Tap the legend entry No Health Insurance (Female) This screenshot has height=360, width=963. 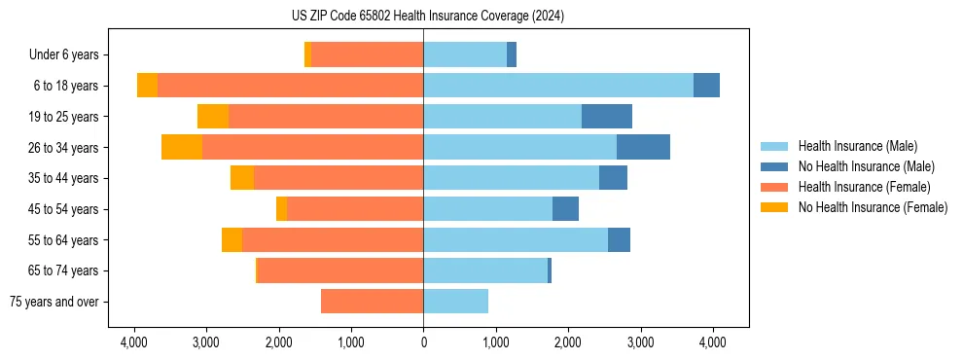click(x=871, y=207)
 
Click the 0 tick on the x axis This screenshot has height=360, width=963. click(x=423, y=342)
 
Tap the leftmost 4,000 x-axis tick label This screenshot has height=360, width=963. click(x=133, y=342)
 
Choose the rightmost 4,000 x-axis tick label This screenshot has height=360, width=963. click(x=712, y=342)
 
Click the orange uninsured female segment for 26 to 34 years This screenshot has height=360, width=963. click(x=182, y=147)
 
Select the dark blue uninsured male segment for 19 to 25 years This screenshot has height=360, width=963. click(x=607, y=117)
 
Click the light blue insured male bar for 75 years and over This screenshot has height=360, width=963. click(x=455, y=302)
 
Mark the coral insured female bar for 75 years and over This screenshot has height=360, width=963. click(x=372, y=302)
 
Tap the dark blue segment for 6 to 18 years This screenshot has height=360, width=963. click(x=706, y=86)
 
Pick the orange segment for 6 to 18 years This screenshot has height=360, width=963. click(x=147, y=86)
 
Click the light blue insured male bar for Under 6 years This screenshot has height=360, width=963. click(x=465, y=55)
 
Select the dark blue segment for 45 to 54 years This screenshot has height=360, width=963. click(x=565, y=209)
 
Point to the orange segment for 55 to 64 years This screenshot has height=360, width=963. click(x=232, y=240)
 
